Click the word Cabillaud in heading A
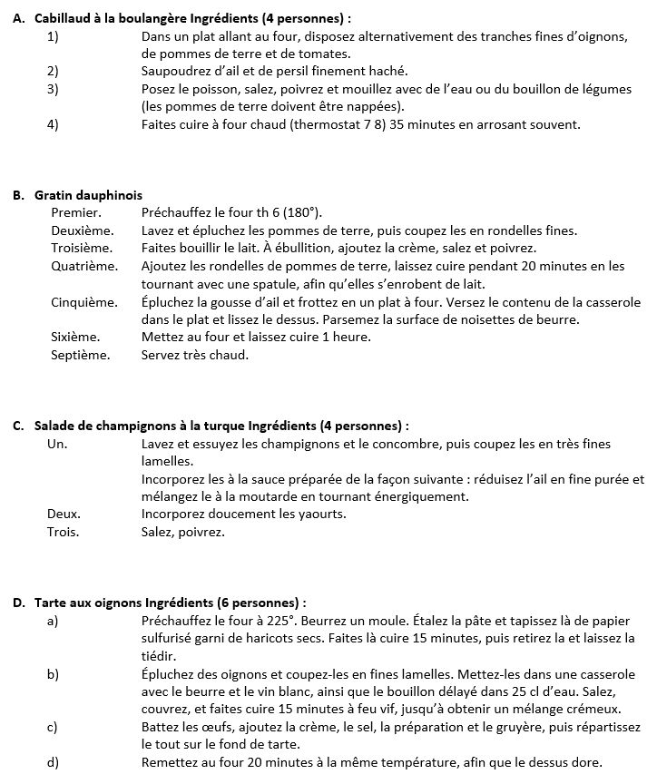point(64,17)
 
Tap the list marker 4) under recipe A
point(53,124)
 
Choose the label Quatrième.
point(84,266)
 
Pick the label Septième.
point(80,355)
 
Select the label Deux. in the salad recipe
point(64,514)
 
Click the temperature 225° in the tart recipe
point(281,621)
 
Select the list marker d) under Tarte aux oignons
point(53,762)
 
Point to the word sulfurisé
point(170,638)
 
